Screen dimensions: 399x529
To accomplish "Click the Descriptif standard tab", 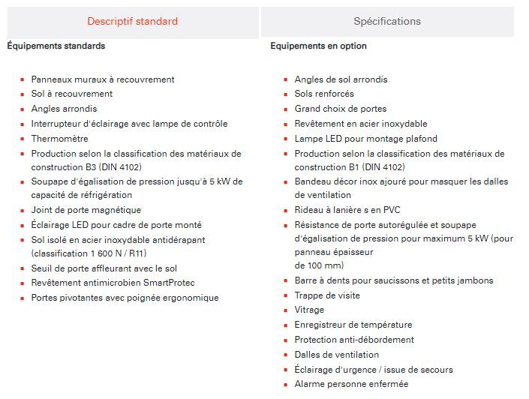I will (x=132, y=21).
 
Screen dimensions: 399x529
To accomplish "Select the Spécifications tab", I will (x=387, y=21).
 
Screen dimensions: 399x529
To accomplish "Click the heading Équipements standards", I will (x=56, y=46).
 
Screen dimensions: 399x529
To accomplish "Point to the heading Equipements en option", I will (x=319, y=46).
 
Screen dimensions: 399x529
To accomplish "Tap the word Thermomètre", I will (x=59, y=139).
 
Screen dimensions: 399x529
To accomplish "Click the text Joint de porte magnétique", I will (x=86, y=210).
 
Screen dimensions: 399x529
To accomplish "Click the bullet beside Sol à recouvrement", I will (x=23, y=94).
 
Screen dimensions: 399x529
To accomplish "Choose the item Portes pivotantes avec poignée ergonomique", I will (x=125, y=298).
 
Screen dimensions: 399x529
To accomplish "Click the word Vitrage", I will (x=309, y=310).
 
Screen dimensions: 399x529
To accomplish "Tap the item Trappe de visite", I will (x=327, y=295).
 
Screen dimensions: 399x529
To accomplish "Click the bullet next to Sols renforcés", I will (x=286, y=94).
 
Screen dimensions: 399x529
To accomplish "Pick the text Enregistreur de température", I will (x=353, y=325).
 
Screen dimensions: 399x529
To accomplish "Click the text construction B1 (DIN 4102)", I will (x=349, y=167).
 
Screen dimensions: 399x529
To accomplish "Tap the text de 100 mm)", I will (x=319, y=265).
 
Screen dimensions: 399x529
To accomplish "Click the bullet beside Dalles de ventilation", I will (x=286, y=355).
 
